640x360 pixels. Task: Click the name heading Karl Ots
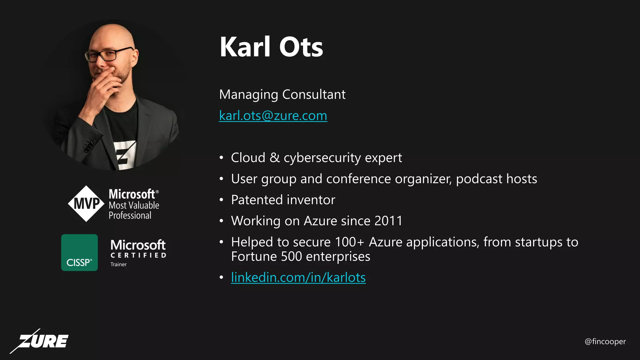[271, 47]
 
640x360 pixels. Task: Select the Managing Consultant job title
[282, 94]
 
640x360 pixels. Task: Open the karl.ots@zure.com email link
[273, 116]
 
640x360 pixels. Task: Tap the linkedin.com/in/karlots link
[298, 277]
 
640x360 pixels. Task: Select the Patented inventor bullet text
[283, 200]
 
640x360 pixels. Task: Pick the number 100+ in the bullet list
[349, 242]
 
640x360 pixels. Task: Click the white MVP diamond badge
[86, 204]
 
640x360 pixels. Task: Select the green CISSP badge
[79, 252]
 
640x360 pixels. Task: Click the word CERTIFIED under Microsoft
[138, 255]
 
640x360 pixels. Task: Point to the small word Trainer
[118, 264]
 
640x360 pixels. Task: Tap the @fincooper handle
[605, 342]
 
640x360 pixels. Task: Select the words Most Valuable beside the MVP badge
[134, 205]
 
